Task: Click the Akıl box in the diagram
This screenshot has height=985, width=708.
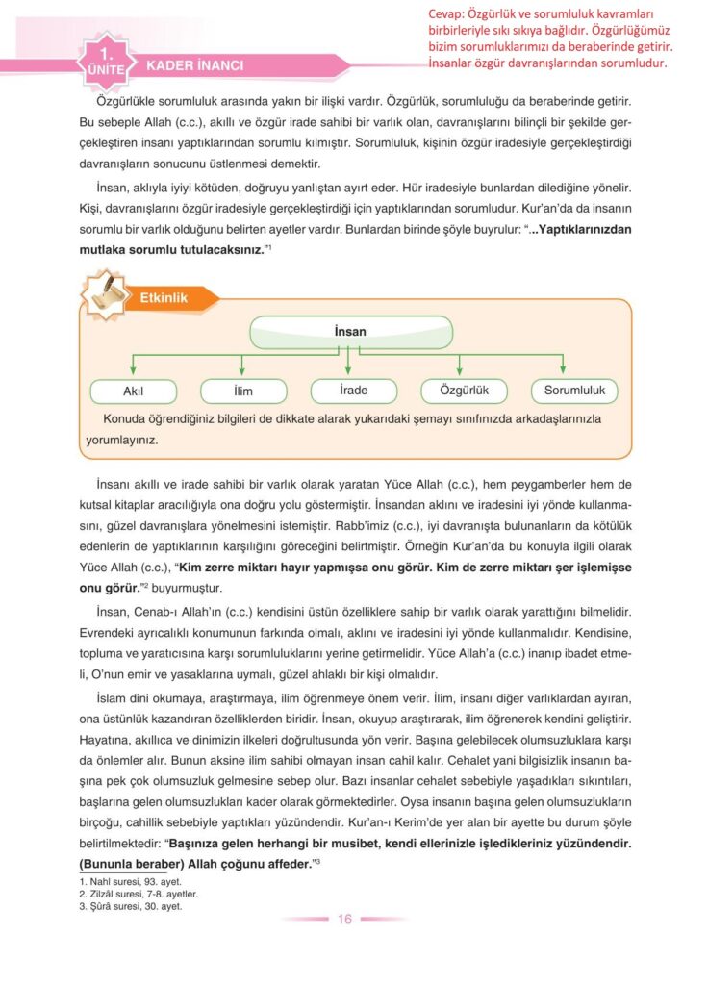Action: click(133, 391)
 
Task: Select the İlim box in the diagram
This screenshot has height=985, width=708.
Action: click(243, 391)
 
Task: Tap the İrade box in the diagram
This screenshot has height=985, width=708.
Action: click(354, 391)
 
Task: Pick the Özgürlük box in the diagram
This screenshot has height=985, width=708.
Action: click(465, 391)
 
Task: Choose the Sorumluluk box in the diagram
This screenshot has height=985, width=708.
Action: click(574, 391)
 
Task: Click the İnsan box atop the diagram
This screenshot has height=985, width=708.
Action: click(350, 332)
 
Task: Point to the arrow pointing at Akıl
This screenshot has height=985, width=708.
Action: click(133, 366)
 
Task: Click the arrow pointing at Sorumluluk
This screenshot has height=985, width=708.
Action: click(562, 366)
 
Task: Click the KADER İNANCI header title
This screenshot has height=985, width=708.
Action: click(194, 66)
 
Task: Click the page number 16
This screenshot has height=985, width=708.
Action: click(344, 919)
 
